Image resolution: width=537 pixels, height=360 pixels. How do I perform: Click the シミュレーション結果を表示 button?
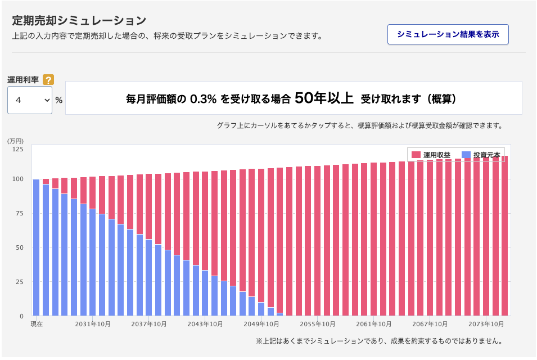pyautogui.click(x=448, y=34)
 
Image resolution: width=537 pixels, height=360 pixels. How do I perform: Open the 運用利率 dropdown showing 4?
pyautogui.click(x=30, y=100)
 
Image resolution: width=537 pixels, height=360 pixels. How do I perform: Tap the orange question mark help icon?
pyautogui.click(x=48, y=80)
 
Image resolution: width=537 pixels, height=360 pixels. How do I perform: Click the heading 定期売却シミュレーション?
pyautogui.click(x=79, y=20)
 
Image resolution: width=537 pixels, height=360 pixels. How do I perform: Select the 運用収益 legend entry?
pyautogui.click(x=430, y=155)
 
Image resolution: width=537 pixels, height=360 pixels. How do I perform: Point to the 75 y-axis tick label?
pyautogui.click(x=20, y=213)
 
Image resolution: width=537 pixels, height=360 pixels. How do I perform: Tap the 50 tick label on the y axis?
pyautogui.click(x=20, y=247)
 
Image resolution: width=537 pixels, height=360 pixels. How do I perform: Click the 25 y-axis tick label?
pyautogui.click(x=20, y=282)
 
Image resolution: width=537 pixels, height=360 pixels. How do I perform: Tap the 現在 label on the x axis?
pyautogui.click(x=37, y=325)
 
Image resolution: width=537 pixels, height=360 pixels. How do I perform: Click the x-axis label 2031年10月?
pyautogui.click(x=93, y=325)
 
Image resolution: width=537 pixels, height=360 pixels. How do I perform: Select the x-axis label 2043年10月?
pyautogui.click(x=206, y=325)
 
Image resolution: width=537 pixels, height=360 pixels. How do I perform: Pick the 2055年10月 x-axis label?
pyautogui.click(x=318, y=325)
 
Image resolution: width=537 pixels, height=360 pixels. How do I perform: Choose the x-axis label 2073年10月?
pyautogui.click(x=486, y=325)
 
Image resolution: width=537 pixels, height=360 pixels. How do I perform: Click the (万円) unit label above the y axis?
pyautogui.click(x=15, y=140)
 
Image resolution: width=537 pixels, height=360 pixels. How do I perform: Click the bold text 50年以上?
pyautogui.click(x=324, y=98)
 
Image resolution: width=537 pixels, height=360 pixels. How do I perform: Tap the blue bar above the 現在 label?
pyautogui.click(x=37, y=247)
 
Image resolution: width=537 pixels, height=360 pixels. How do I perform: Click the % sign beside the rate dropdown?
pyautogui.click(x=58, y=100)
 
